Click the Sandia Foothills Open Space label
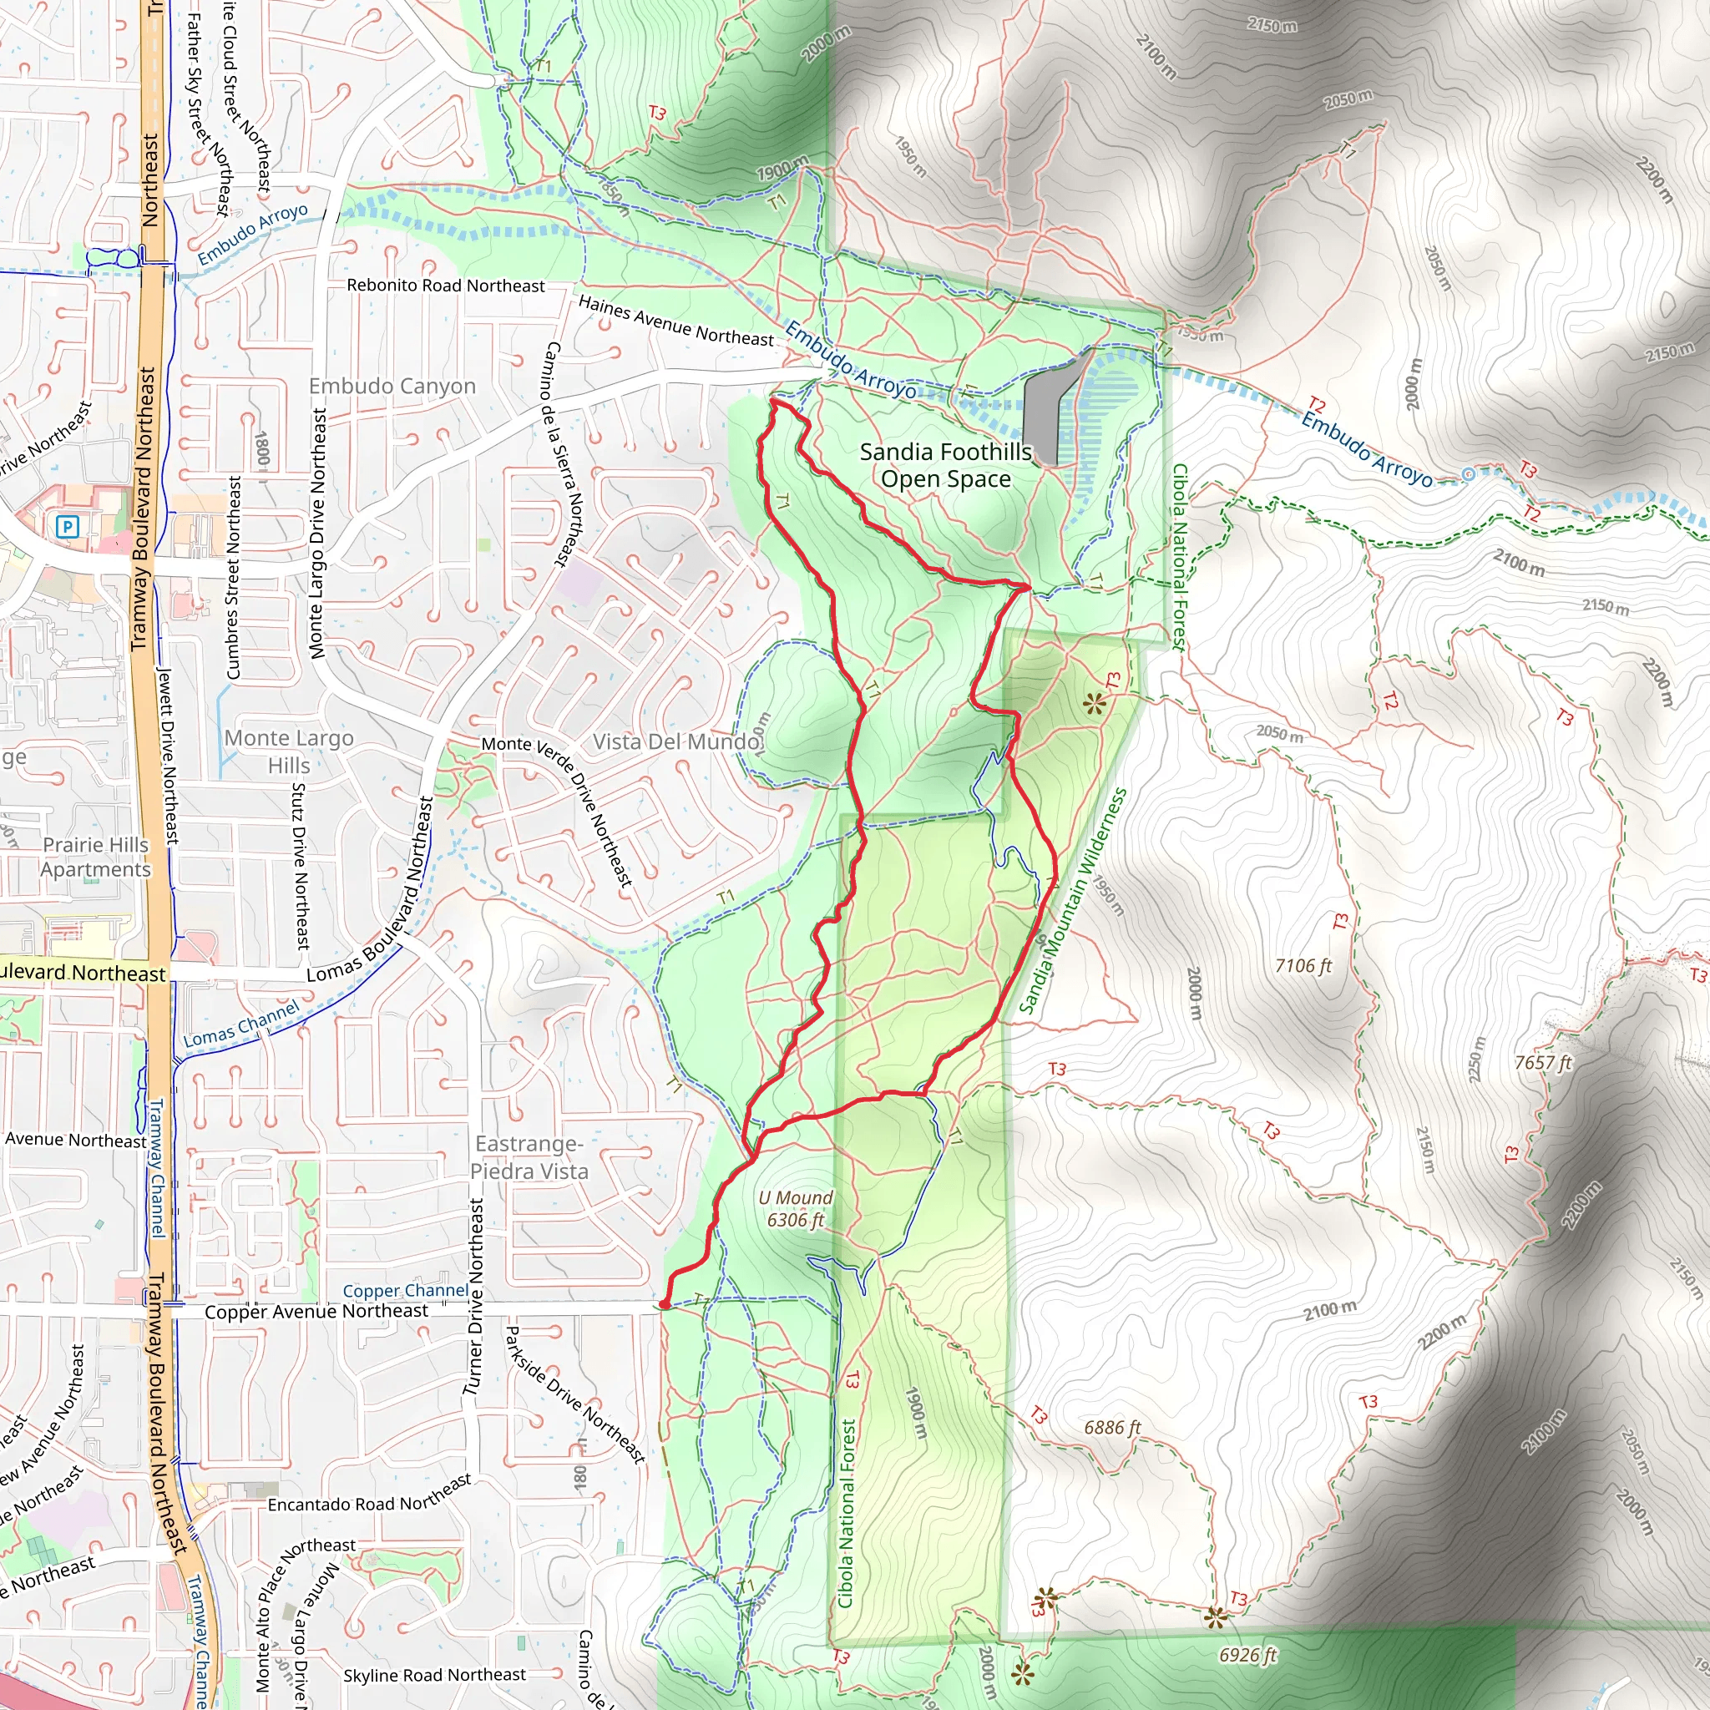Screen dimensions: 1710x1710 945,466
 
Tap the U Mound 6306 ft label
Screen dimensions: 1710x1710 796,1208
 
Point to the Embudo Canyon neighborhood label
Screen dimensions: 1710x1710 392,387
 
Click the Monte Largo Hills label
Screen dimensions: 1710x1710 289,751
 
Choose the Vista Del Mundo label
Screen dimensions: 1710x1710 676,741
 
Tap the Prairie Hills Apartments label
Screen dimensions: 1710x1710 95,857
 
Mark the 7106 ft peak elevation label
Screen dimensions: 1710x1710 1303,966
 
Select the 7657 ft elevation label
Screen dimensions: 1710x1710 1543,1062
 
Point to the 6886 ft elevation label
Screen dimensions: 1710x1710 1112,1427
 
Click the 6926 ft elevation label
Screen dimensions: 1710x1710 1248,1655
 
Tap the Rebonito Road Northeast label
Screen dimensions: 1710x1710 445,286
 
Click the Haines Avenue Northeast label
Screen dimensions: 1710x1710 675,321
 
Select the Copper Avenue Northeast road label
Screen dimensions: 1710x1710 316,1312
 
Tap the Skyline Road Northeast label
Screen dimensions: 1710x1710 434,1675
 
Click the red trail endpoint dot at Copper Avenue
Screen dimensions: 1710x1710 664,1305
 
